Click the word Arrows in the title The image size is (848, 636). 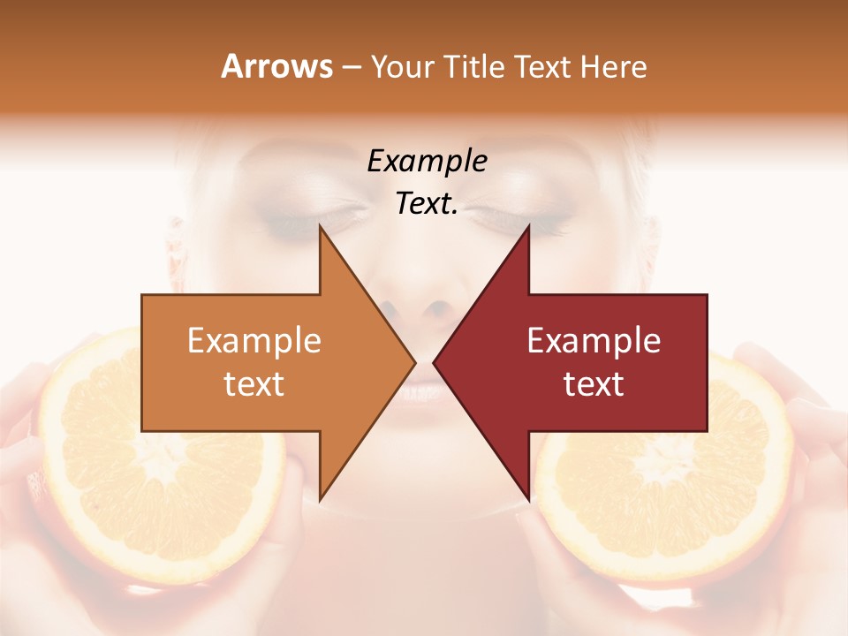pyautogui.click(x=276, y=66)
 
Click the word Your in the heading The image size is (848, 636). pyautogui.click(x=403, y=67)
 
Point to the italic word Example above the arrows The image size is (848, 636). pyautogui.click(x=427, y=161)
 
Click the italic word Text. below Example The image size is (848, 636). pyautogui.click(x=427, y=204)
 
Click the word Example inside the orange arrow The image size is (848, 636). pyautogui.click(x=254, y=341)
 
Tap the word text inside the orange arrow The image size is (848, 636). pyautogui.click(x=254, y=384)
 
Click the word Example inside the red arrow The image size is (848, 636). pyautogui.click(x=594, y=341)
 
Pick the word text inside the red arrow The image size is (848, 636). pyautogui.click(x=594, y=384)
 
